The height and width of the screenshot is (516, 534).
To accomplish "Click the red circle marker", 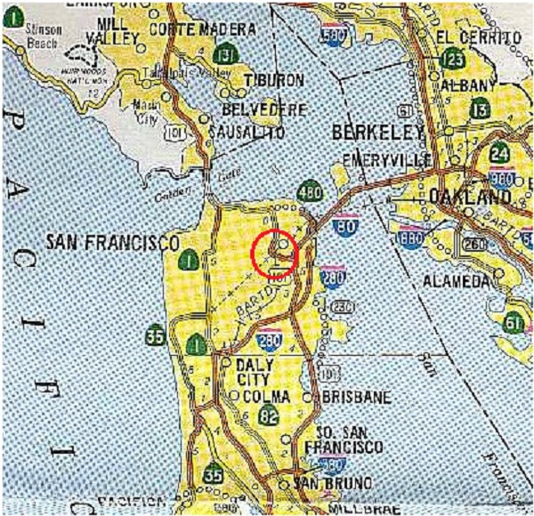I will click(x=274, y=254).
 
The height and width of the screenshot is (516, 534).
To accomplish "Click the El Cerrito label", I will click(x=475, y=37).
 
